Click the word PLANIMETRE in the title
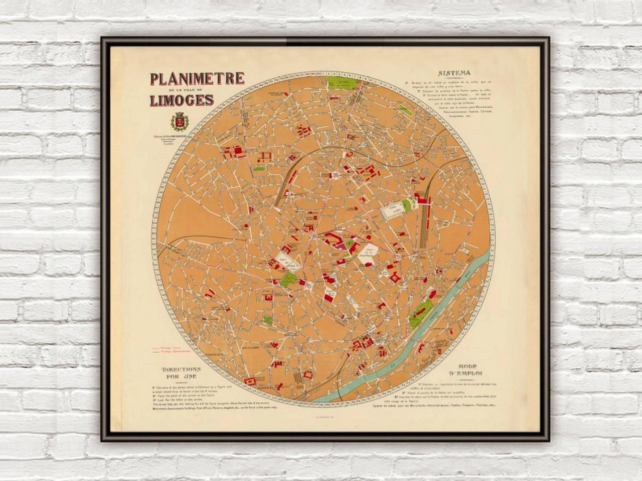pos(197,79)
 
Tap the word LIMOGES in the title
pos(181,100)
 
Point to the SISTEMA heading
pos(453,72)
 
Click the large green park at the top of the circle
pos(344,85)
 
